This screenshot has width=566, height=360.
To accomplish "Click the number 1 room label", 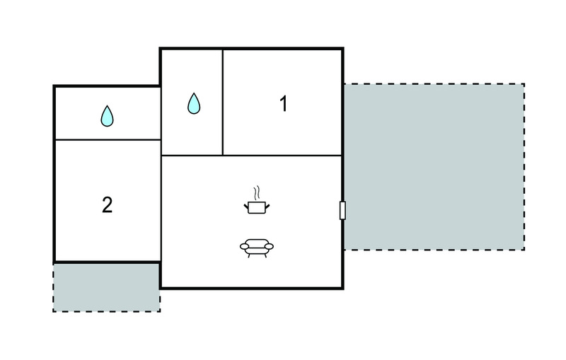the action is point(284,103).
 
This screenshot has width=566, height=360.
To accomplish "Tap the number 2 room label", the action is point(108,205).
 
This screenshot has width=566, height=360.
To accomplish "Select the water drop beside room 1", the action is point(194,103).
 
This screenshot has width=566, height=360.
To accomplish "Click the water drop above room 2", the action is point(108,116).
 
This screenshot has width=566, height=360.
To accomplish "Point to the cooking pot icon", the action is point(257,207).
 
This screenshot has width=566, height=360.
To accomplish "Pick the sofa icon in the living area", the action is point(257,248).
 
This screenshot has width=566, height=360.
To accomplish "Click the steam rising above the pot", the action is point(257,193).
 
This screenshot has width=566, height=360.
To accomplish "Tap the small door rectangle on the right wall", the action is point(342,210).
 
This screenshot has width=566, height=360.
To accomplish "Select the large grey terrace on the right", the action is point(434,167).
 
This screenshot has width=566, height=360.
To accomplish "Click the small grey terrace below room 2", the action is point(107,287).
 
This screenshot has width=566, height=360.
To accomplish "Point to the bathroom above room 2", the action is point(108,113).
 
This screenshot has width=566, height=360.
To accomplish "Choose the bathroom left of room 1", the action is point(192,102).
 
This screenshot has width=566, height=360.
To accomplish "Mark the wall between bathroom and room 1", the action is point(223,103).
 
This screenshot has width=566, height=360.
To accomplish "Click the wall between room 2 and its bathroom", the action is point(108,139).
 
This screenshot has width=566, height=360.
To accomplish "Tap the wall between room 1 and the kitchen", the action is point(282,156).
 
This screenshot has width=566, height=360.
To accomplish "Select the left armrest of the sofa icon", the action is point(244,246).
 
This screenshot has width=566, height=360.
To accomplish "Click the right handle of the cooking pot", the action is point(267,207).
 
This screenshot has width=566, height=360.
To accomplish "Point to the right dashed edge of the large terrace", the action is point(524,167).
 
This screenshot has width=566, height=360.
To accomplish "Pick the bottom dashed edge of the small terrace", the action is point(107,311).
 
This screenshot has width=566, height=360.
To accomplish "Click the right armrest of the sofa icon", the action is point(269,246).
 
